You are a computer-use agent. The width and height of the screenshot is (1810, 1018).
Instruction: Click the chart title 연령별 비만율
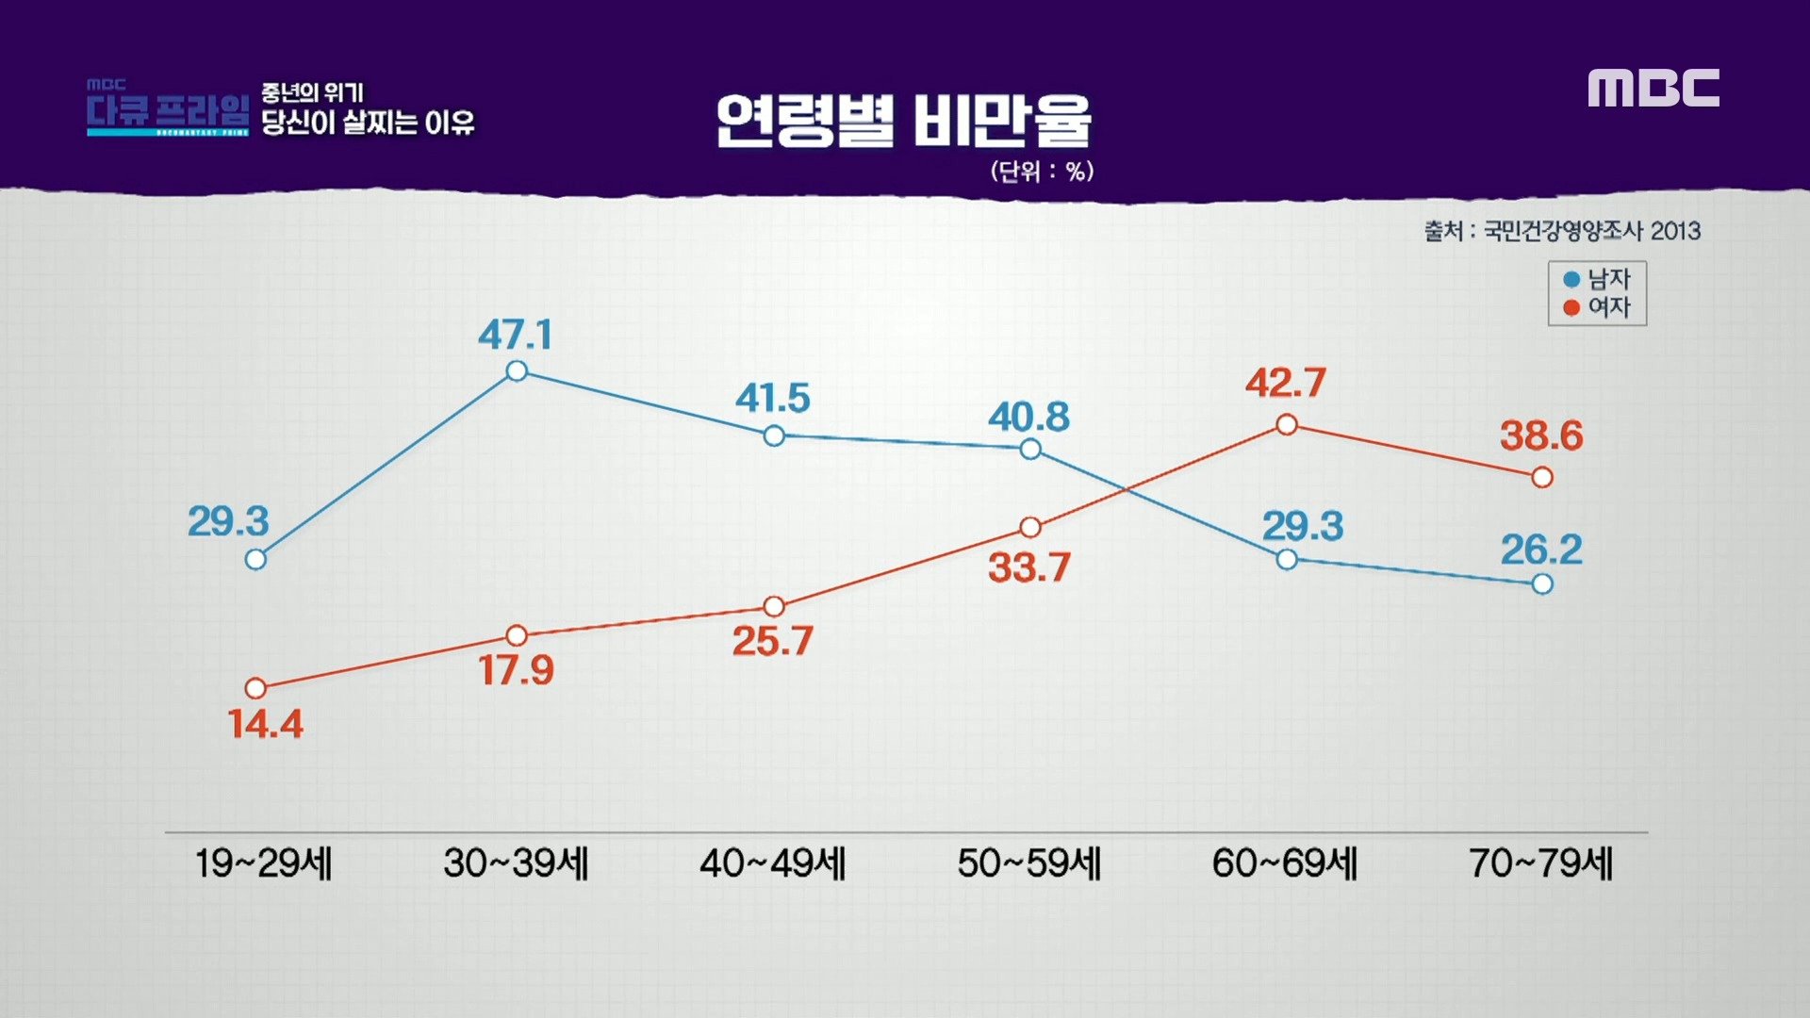(x=903, y=121)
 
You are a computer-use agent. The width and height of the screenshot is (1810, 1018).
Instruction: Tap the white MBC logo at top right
(x=1654, y=88)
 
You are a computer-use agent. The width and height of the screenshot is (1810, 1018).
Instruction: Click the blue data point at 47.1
(x=517, y=371)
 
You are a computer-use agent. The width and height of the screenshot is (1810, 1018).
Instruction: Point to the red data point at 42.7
(x=1287, y=425)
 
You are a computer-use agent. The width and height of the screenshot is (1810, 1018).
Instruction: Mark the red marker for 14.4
(x=255, y=688)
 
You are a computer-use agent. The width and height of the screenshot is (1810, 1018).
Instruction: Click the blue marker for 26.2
(x=1542, y=584)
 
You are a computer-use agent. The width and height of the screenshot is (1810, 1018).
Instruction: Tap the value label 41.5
(x=772, y=398)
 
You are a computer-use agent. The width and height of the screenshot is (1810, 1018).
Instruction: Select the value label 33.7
(x=1028, y=567)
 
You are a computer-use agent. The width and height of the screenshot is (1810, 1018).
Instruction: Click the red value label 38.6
(x=1541, y=435)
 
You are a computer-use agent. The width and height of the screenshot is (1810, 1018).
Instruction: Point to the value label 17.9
(x=516, y=670)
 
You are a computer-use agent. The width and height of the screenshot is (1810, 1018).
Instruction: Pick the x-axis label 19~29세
(x=263, y=863)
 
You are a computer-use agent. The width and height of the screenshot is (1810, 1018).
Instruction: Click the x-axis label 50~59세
(x=1028, y=863)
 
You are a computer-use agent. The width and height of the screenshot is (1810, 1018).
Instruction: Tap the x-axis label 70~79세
(x=1541, y=863)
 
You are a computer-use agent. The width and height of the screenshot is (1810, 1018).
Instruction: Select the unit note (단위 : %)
(x=1042, y=172)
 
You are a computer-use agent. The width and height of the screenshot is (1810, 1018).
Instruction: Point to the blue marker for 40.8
(x=1030, y=450)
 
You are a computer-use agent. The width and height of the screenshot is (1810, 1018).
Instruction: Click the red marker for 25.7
(x=774, y=606)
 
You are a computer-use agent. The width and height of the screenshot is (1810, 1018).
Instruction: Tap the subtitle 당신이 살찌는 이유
(x=368, y=123)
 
